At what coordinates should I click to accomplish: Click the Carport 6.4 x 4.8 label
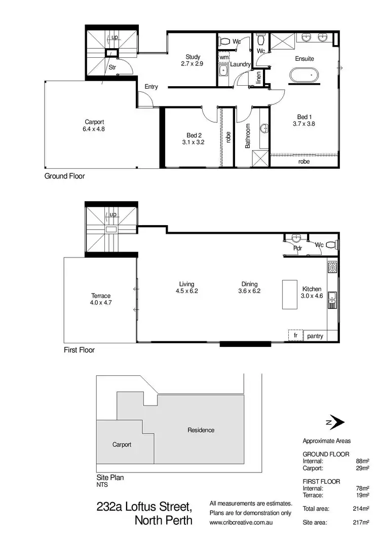94,125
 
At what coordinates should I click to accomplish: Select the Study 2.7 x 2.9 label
193,60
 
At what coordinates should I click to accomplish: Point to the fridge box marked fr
295,336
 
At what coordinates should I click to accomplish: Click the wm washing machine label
223,58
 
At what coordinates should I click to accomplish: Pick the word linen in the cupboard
258,78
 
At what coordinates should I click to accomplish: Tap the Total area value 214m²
362,508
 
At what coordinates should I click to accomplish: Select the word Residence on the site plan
201,430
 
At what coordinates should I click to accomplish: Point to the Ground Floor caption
65,176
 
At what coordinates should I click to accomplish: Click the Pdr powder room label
297,249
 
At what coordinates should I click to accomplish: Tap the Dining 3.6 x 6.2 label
248,288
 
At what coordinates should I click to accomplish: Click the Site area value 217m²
362,522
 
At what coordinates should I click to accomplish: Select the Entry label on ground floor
151,87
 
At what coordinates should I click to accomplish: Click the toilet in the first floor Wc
330,244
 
